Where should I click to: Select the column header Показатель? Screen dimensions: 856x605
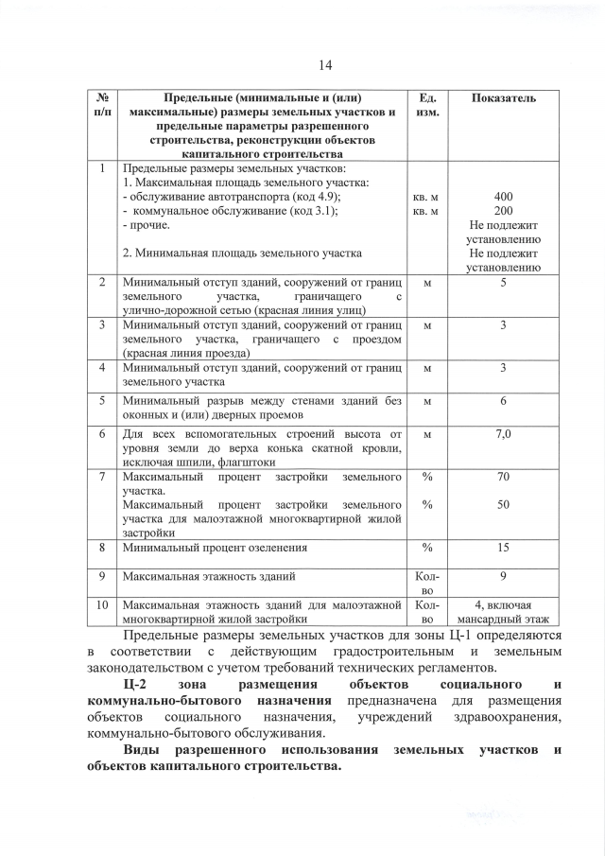click(x=504, y=98)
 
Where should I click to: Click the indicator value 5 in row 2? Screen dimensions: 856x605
click(x=504, y=283)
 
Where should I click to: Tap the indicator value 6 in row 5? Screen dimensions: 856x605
click(x=504, y=401)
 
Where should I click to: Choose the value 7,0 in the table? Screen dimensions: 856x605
click(x=504, y=433)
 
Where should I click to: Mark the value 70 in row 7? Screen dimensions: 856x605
click(x=504, y=478)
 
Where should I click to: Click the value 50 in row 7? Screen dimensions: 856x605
click(x=504, y=505)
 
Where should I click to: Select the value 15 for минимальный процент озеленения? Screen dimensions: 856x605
click(x=504, y=547)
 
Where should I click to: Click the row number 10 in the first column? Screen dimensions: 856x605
click(x=101, y=604)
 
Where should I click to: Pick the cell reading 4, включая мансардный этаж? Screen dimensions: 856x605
click(x=504, y=611)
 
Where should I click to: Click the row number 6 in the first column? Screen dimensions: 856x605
click(x=101, y=433)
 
